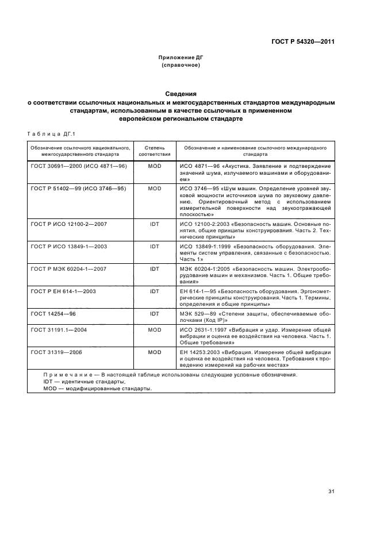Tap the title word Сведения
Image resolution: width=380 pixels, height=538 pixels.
181,94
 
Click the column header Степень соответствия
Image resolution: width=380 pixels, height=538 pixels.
155,151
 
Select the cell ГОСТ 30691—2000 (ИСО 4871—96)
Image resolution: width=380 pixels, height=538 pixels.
79,166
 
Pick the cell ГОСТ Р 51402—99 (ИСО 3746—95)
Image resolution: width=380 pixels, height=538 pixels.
78,188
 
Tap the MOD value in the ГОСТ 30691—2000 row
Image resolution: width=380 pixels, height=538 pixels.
155,166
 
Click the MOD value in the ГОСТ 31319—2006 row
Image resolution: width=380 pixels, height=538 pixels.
155,352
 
